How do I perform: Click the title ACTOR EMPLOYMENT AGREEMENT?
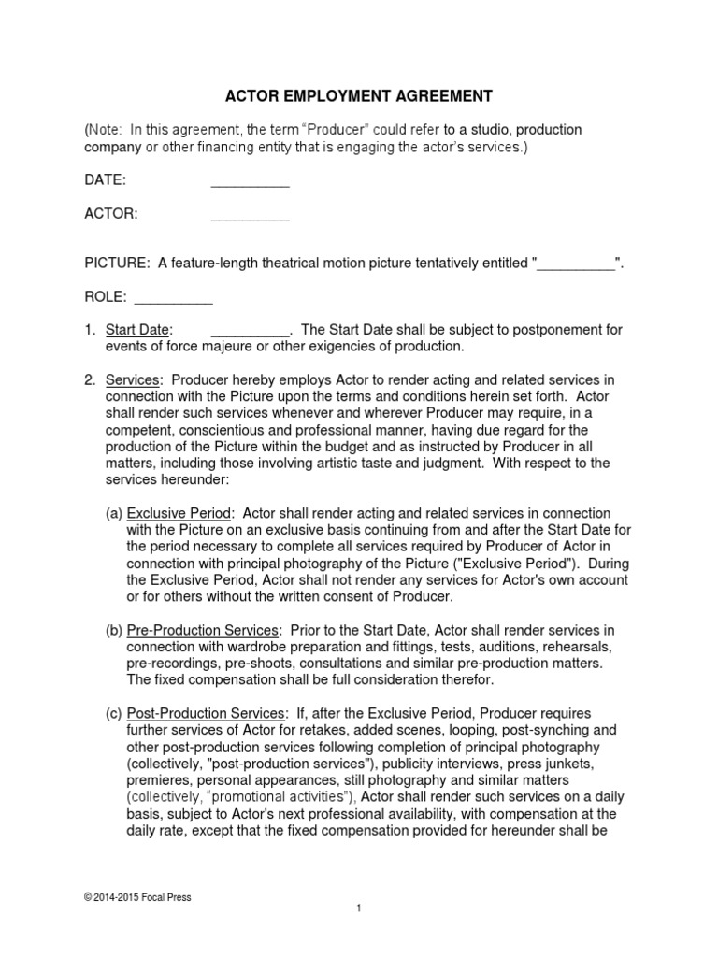pyautogui.click(x=359, y=95)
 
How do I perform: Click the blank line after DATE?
pyautogui.click(x=250, y=180)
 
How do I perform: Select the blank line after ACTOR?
pyautogui.click(x=250, y=215)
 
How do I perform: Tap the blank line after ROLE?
pyautogui.click(x=174, y=298)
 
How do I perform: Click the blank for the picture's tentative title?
pyautogui.click(x=576, y=264)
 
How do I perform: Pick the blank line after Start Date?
pyautogui.click(x=250, y=331)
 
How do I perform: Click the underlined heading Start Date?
pyautogui.click(x=137, y=331)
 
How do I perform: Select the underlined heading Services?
pyautogui.click(x=134, y=380)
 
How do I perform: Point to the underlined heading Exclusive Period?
pyautogui.click(x=178, y=514)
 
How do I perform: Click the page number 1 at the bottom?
pyautogui.click(x=358, y=934)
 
